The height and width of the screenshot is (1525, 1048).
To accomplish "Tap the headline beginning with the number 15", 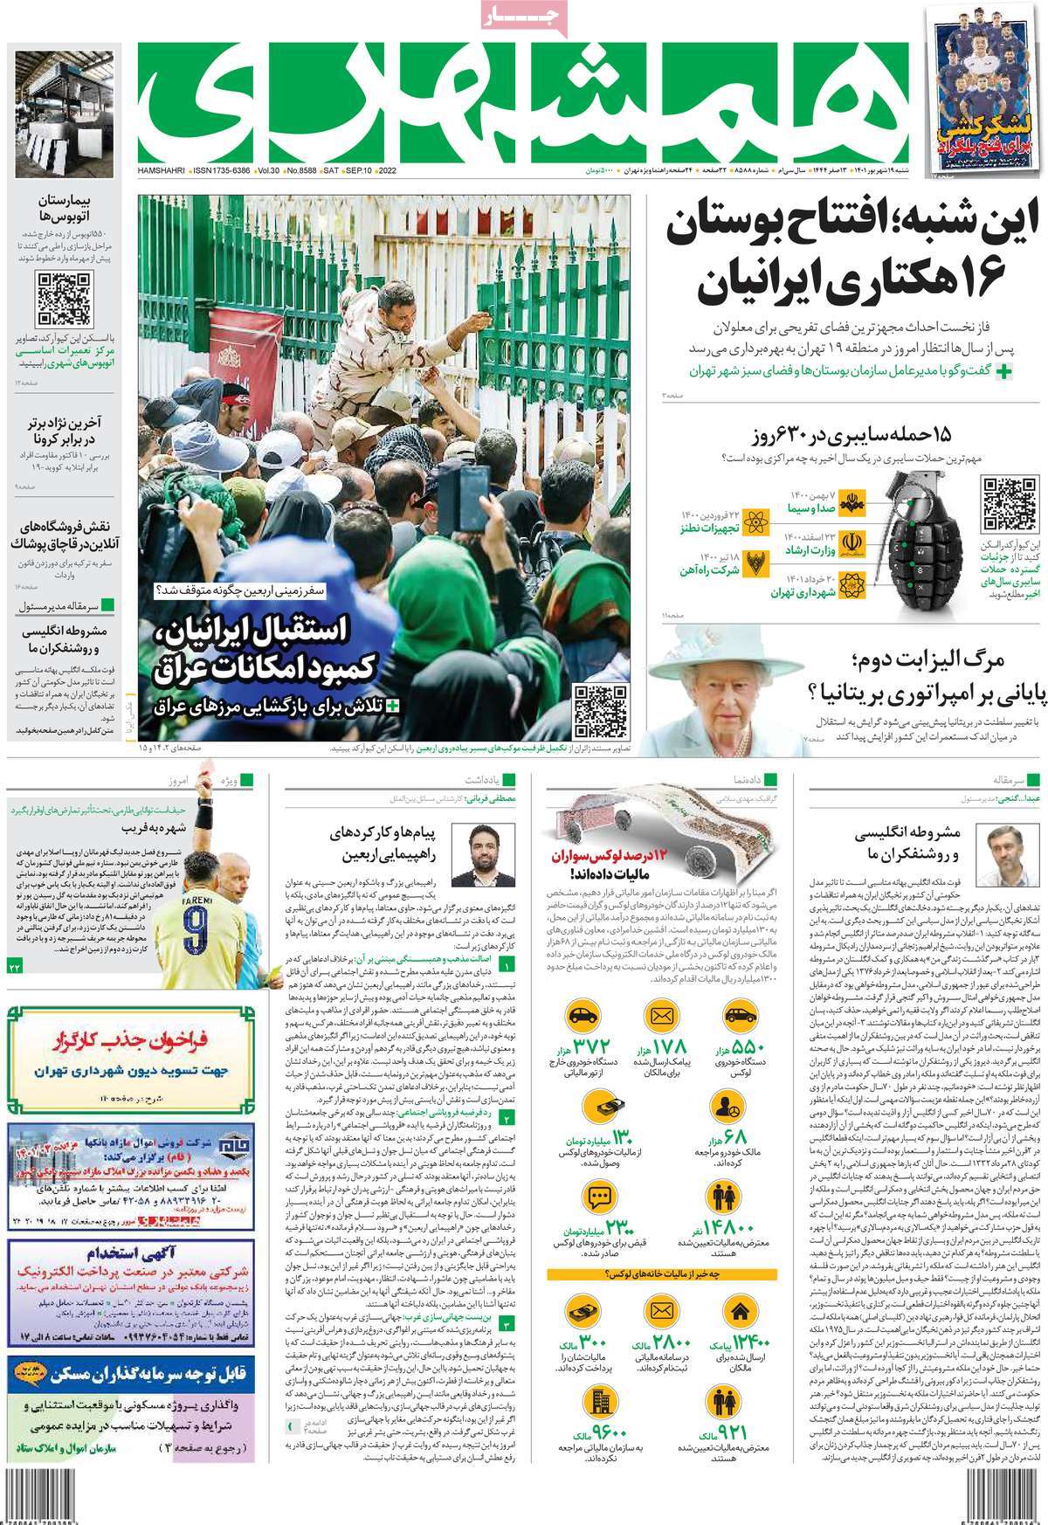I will click(x=853, y=435).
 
